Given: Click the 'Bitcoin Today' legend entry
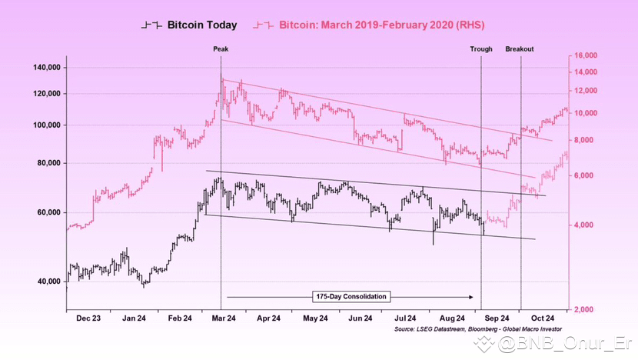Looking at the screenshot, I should [x=202, y=25].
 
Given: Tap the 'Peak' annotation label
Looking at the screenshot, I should [x=221, y=49].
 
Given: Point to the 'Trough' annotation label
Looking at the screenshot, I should [x=481, y=49].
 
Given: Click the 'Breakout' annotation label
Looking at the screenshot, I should [x=520, y=49].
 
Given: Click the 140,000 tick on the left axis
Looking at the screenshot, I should [x=44, y=68].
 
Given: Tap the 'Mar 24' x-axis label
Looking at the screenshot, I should [x=224, y=318].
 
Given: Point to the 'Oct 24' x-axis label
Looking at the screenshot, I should [x=543, y=318].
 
